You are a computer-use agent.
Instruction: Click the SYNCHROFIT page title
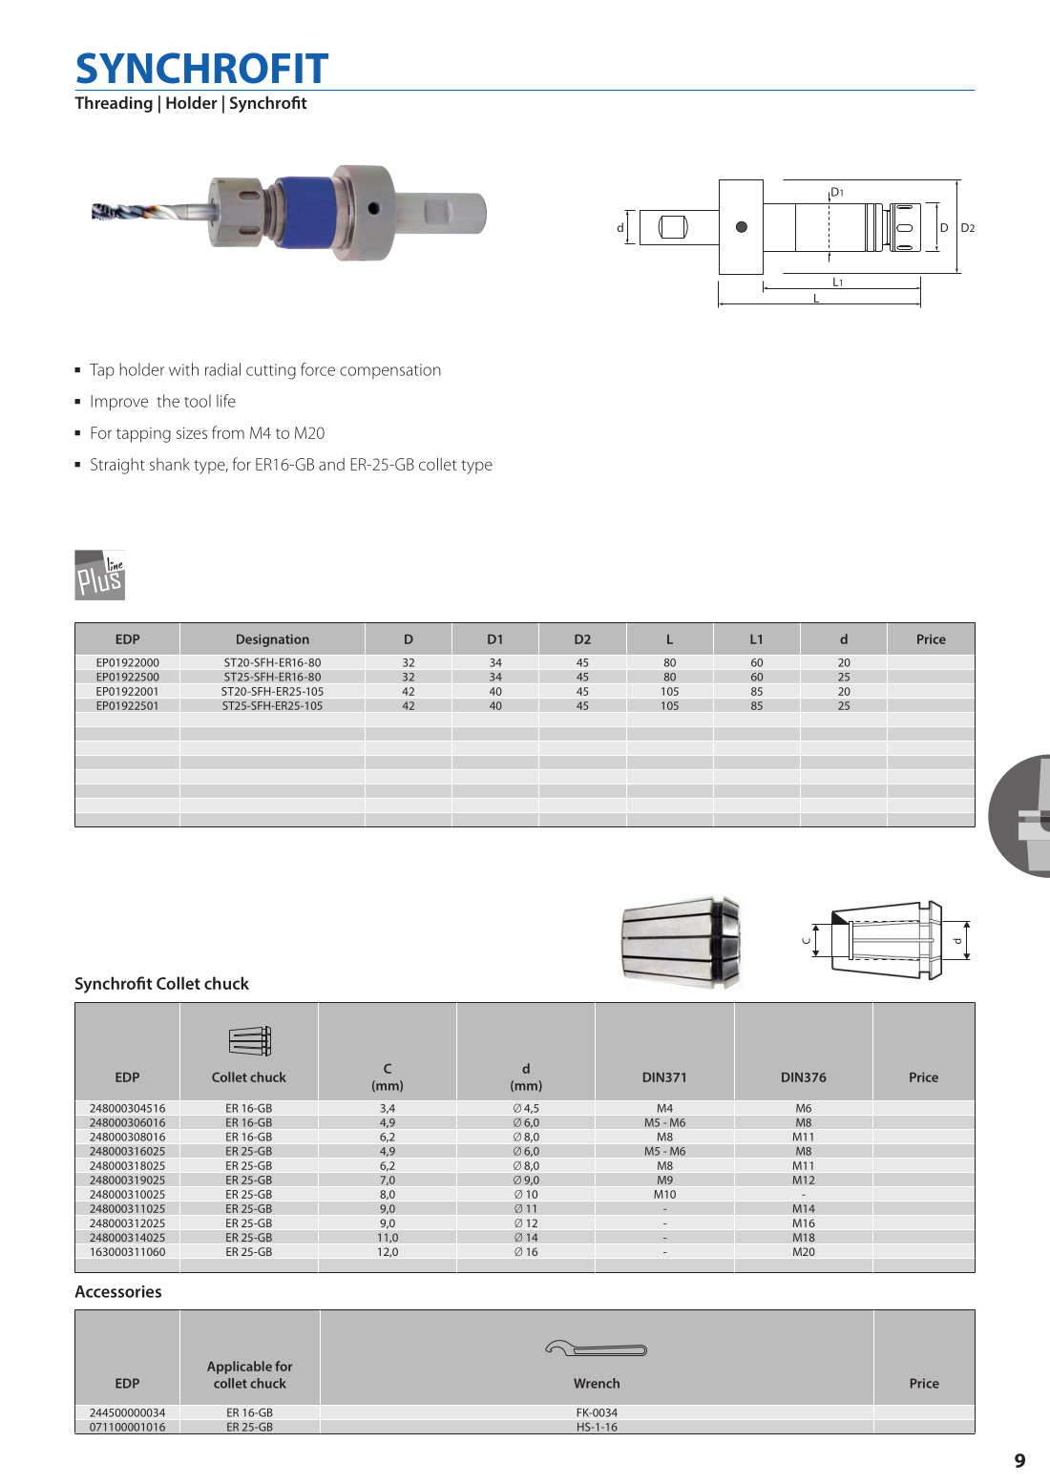tap(201, 69)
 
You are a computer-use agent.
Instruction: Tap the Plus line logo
tap(99, 575)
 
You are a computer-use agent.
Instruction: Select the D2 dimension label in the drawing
tap(967, 228)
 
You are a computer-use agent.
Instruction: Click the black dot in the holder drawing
tap(742, 227)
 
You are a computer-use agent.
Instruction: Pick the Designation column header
tap(272, 639)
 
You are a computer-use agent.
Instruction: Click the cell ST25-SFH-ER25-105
tap(272, 706)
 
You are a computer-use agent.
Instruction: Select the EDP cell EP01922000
tap(127, 662)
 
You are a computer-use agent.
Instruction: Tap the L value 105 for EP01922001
tap(669, 692)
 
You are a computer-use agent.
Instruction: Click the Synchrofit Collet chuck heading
tap(161, 984)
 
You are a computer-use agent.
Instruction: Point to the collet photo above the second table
tap(680, 941)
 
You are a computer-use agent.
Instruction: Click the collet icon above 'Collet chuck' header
tap(249, 1040)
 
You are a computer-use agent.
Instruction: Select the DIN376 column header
tap(803, 1077)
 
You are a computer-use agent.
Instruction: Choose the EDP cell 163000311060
tap(127, 1252)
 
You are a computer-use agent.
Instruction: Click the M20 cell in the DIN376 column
tap(803, 1252)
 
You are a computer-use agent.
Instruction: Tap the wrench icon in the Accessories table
tap(597, 1348)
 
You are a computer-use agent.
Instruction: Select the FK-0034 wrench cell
tap(597, 1412)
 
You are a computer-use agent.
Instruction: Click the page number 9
tap(1019, 1461)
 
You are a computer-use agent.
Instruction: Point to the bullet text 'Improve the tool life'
tap(162, 402)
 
